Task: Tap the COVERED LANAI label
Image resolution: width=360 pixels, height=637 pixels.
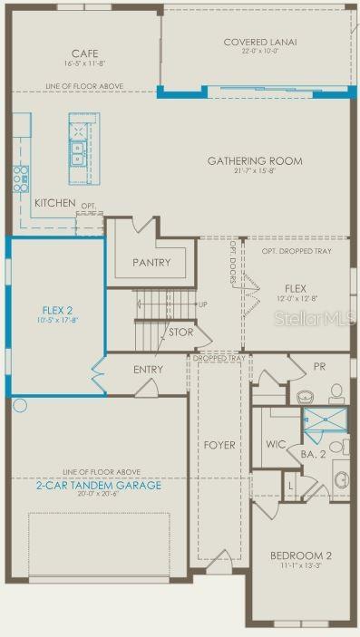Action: (x=260, y=42)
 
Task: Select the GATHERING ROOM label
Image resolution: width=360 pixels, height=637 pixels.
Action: (x=255, y=161)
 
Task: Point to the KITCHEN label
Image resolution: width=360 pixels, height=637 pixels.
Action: (x=55, y=203)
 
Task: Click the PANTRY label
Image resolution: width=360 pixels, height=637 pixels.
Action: (x=151, y=263)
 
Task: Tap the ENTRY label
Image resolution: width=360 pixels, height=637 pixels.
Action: (x=148, y=370)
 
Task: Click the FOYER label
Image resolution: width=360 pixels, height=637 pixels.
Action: (x=219, y=445)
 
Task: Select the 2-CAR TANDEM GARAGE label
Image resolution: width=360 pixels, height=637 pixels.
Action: (x=99, y=485)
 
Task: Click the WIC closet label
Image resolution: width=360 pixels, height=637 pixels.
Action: (x=276, y=445)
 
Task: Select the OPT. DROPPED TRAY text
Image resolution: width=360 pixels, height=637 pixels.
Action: (x=293, y=251)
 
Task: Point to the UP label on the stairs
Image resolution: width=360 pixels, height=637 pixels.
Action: (x=202, y=304)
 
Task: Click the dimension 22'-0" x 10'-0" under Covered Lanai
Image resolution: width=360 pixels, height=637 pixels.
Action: (x=260, y=52)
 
